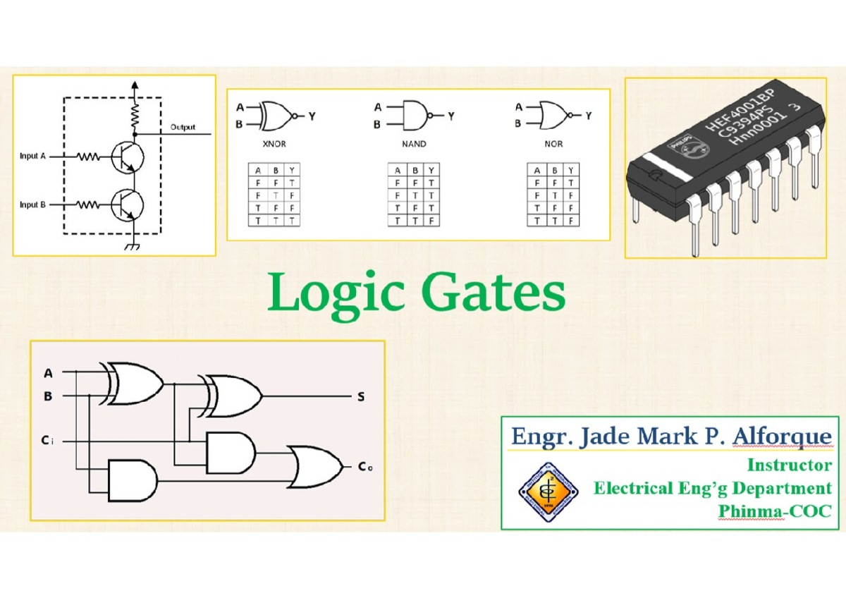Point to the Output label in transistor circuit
coord(183,128)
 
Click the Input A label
coord(33,157)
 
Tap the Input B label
coord(33,205)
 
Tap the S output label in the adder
coord(361,397)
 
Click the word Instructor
coord(789,465)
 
